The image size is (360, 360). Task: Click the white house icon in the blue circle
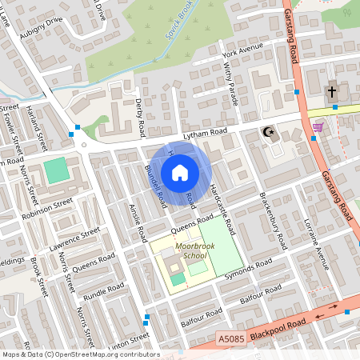click(180, 172)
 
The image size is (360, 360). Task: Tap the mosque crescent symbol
click(266, 132)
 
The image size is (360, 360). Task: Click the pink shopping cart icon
click(318, 126)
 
